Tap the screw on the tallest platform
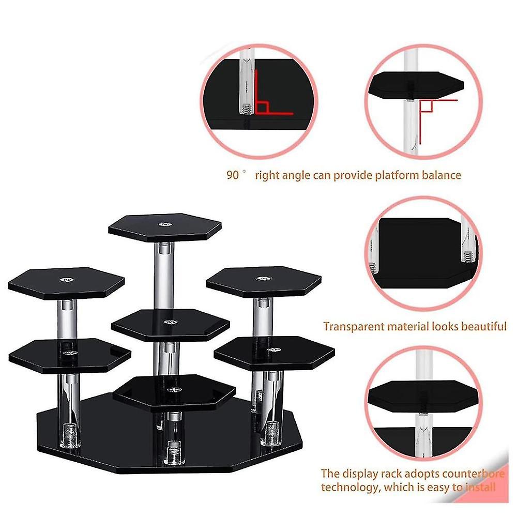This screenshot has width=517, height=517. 165,225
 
